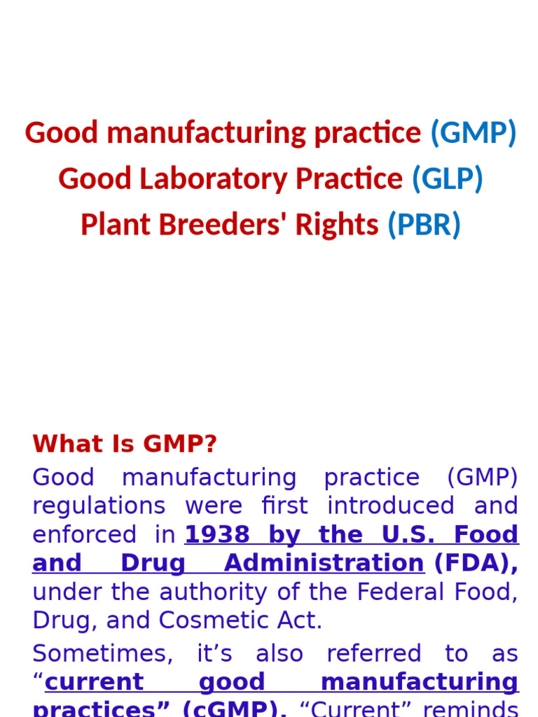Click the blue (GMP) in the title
coord(473,133)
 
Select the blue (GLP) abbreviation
coord(447,179)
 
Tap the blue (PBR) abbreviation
coord(424,225)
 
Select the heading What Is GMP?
coord(125,444)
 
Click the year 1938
coord(217,535)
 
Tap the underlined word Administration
coord(324,564)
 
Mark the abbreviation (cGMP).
coord(234,709)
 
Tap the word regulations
coord(99,506)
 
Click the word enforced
coord(83,535)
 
